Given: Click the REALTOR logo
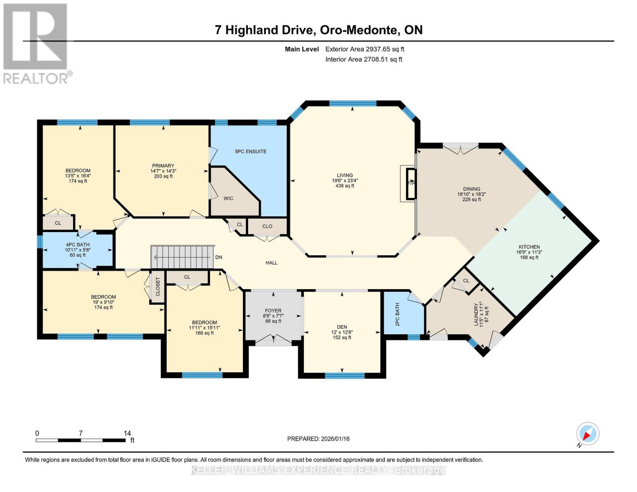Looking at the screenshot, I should [x=36, y=43].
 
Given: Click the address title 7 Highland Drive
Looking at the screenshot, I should [x=318, y=30].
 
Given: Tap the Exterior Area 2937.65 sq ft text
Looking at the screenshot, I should [x=365, y=49].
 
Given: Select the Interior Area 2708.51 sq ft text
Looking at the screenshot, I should [x=363, y=59].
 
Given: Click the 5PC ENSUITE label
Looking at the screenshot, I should [x=251, y=152].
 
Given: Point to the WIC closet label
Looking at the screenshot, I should [x=228, y=198].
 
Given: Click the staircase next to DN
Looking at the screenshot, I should [x=183, y=257].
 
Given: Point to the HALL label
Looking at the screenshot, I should [x=272, y=263].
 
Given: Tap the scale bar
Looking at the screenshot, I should [x=81, y=440].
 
